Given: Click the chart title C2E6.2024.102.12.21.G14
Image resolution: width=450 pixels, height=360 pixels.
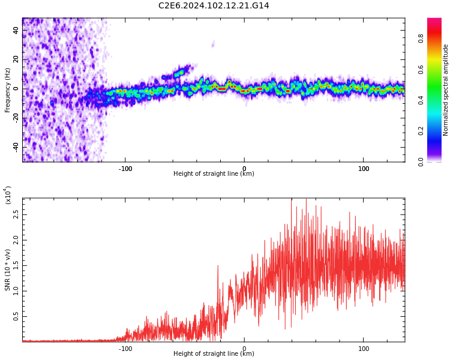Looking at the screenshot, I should pyautogui.click(x=214, y=6).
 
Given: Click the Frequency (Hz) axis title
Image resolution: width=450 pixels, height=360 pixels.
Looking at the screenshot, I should pyautogui.click(x=8, y=90).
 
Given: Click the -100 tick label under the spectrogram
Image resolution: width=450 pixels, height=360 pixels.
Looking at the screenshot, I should pyautogui.click(x=125, y=169).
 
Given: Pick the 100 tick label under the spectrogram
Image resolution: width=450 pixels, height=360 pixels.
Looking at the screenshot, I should pyautogui.click(x=364, y=169).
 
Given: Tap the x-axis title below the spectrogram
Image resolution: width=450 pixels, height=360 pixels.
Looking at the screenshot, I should pyautogui.click(x=214, y=174).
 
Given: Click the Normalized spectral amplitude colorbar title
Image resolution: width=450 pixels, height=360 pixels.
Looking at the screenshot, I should pyautogui.click(x=446, y=90).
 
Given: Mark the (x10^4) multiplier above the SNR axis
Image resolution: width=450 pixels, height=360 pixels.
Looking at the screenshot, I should pyautogui.click(x=8, y=195).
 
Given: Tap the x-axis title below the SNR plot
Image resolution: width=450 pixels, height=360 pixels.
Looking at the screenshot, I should pyautogui.click(x=214, y=354).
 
